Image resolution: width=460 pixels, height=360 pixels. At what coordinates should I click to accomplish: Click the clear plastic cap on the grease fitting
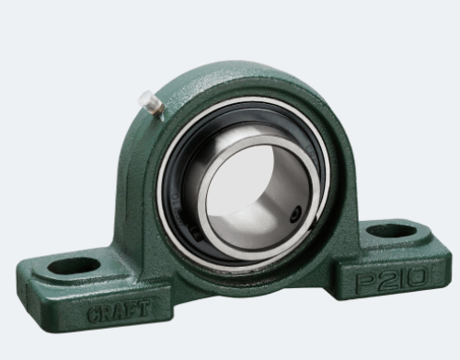click(x=145, y=99)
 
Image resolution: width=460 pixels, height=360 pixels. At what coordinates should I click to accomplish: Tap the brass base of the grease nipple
click(x=158, y=109)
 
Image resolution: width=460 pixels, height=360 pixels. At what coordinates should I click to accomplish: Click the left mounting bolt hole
click(x=74, y=266)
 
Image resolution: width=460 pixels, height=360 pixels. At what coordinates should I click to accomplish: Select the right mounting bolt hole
click(x=392, y=231)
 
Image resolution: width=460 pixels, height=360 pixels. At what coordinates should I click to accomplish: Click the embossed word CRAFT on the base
click(x=119, y=310)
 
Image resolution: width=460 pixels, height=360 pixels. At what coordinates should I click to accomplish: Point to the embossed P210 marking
click(x=391, y=279)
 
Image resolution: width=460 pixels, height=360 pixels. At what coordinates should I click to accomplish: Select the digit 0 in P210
click(x=416, y=277)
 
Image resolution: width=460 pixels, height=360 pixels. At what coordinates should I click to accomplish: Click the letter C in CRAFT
click(x=94, y=314)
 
